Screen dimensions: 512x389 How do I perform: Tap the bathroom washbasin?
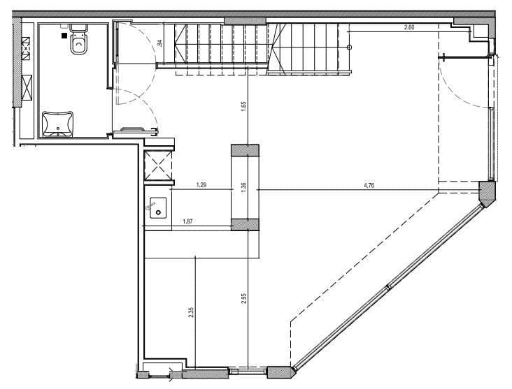point(58,124)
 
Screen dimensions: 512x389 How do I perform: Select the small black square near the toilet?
point(64,36)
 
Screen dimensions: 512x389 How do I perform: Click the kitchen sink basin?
point(158,207)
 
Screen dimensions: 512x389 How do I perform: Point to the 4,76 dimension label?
point(369,186)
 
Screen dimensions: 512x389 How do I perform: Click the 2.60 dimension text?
point(409,27)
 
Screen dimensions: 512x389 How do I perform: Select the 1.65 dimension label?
point(243,107)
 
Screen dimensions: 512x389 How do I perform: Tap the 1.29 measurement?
point(201,185)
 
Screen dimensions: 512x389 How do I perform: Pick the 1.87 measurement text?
point(187,221)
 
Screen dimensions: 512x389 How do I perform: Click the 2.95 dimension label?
point(243,299)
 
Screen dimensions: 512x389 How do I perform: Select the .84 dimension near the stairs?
point(159,43)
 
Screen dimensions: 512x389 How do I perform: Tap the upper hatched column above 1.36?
point(246,150)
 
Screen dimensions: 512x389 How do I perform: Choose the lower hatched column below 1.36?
point(246,225)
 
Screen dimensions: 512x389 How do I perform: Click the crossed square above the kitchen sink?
point(158,166)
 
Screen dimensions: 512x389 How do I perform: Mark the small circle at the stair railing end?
point(350,47)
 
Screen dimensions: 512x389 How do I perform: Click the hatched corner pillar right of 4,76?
point(488,193)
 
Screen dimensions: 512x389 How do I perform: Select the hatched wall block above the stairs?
point(246,21)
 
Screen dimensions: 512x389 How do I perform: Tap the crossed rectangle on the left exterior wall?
point(27,87)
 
